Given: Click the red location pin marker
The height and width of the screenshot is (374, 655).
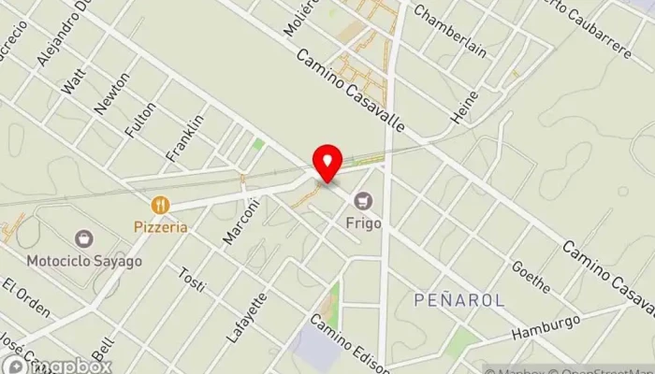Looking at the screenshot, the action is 327,163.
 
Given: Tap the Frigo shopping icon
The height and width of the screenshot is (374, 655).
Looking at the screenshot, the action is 361,199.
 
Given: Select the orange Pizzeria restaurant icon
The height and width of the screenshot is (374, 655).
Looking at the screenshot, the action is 161,205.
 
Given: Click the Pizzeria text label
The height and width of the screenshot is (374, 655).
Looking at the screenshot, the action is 161,226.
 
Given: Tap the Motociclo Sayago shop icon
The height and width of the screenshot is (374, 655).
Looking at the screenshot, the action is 84,239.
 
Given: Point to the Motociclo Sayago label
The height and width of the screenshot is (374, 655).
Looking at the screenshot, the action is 84,260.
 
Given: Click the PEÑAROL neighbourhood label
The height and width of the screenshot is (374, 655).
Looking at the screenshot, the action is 458,300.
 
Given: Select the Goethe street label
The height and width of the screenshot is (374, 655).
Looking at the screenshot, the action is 530,270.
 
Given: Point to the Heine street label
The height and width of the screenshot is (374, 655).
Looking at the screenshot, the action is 465,108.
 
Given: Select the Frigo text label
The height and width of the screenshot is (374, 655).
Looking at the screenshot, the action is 361,222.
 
